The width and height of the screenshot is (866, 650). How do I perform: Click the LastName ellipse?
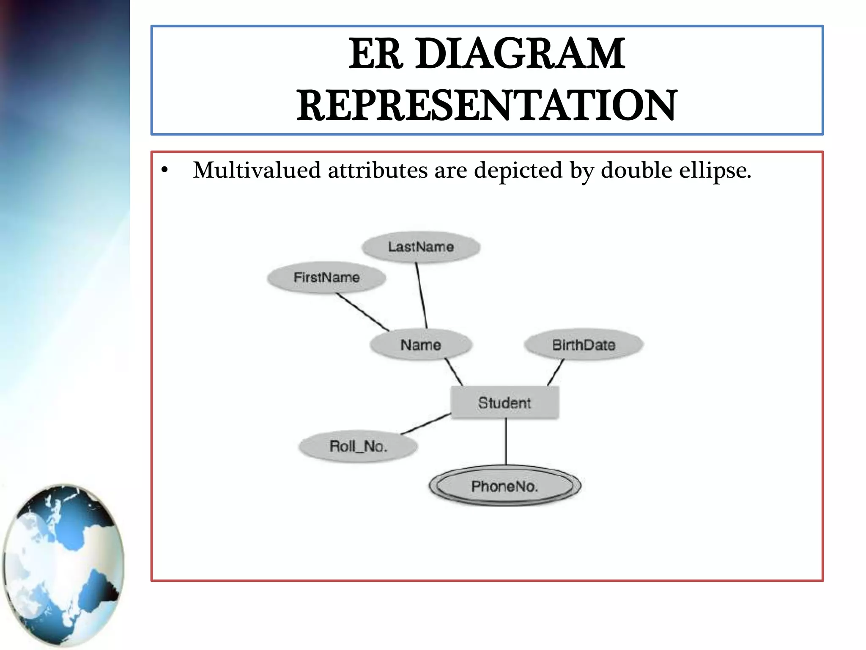click(421, 247)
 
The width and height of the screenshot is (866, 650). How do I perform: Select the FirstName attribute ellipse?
click(326, 278)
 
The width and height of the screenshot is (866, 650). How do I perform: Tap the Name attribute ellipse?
click(421, 345)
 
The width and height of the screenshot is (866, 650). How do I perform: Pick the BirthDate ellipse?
click(584, 345)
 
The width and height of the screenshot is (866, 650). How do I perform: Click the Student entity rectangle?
click(504, 402)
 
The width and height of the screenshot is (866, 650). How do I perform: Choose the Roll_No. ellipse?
click(358, 446)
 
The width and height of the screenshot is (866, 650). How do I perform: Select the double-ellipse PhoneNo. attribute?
click(504, 486)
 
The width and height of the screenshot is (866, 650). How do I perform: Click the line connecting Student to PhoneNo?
click(506, 442)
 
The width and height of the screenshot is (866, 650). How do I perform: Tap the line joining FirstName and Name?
click(363, 312)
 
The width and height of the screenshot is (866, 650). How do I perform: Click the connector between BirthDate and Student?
click(556, 372)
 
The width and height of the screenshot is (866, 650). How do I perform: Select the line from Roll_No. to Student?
click(426, 424)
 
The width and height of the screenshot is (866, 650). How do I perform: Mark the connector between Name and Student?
click(454, 372)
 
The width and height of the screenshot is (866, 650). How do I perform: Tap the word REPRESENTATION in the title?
click(486, 105)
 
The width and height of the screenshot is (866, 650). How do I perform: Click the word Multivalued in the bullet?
click(257, 171)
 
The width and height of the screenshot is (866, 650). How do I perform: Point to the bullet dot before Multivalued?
click(164, 171)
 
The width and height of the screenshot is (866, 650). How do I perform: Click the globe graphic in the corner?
click(63, 565)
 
